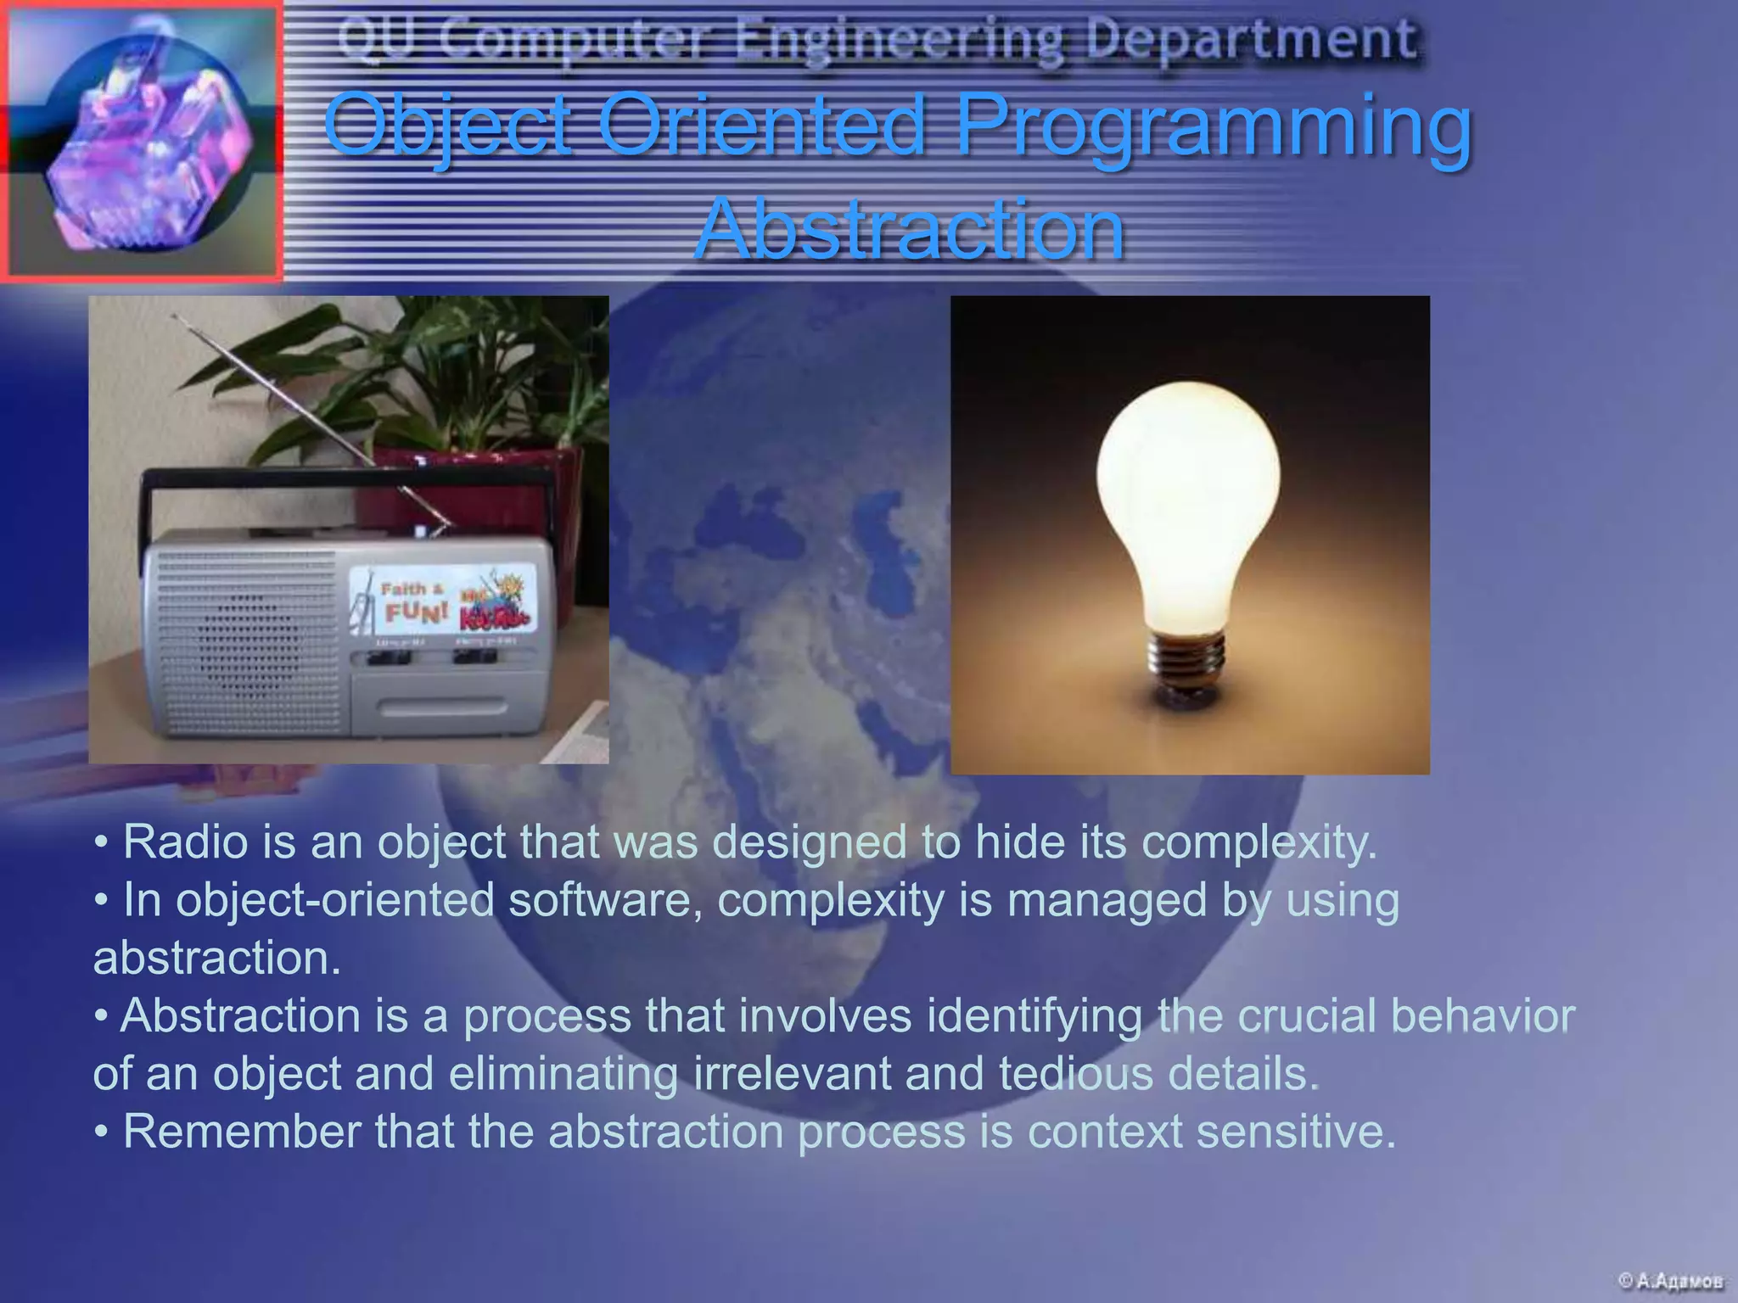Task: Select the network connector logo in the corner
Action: pos(141,140)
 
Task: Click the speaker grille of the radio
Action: pos(246,645)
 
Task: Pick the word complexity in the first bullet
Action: pos(1259,842)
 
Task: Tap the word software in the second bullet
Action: pos(605,899)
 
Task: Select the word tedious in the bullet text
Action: pos(1075,1073)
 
